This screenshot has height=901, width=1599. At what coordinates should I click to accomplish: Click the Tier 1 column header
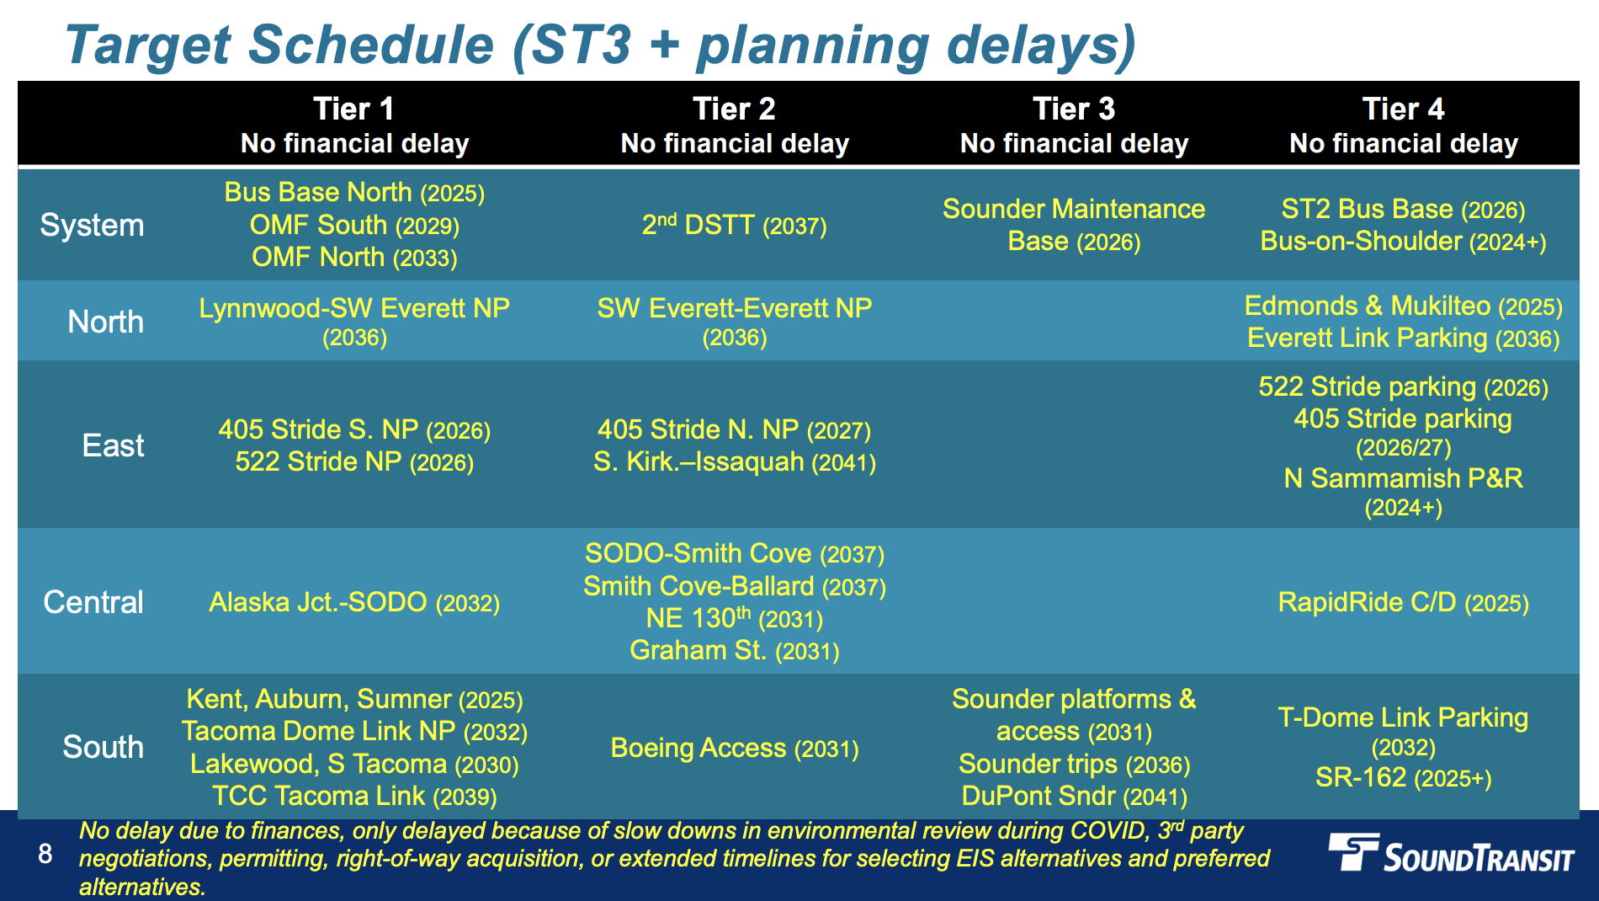[354, 125]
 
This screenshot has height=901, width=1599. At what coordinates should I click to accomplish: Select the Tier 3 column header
[1074, 125]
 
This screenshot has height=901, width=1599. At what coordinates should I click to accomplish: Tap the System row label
[92, 226]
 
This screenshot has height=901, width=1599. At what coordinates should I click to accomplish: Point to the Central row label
[93, 602]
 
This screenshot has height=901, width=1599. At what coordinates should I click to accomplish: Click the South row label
[103, 747]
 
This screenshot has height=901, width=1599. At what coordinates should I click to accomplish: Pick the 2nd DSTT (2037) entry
[734, 225]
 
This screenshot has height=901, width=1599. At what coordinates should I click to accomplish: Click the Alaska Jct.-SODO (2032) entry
[354, 602]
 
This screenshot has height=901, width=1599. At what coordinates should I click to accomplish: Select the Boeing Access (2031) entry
[735, 748]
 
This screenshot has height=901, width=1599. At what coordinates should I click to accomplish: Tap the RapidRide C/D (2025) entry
[1403, 602]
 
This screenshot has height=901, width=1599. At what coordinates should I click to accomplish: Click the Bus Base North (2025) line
[354, 193]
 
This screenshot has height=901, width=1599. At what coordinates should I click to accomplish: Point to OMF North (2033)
[354, 257]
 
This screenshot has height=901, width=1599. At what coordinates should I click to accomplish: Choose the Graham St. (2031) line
[735, 650]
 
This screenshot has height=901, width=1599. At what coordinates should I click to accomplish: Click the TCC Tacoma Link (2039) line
[354, 796]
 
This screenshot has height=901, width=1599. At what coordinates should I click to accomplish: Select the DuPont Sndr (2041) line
[1074, 796]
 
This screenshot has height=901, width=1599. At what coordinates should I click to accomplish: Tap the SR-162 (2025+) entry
[1403, 777]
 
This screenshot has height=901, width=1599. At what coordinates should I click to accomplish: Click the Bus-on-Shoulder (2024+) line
[1403, 242]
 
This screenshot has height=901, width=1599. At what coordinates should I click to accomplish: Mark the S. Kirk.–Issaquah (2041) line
[735, 461]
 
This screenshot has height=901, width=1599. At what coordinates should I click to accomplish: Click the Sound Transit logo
[1451, 854]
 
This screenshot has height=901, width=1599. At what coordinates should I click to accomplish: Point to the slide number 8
[45, 854]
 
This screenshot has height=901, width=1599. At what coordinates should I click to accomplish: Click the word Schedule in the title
[371, 45]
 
